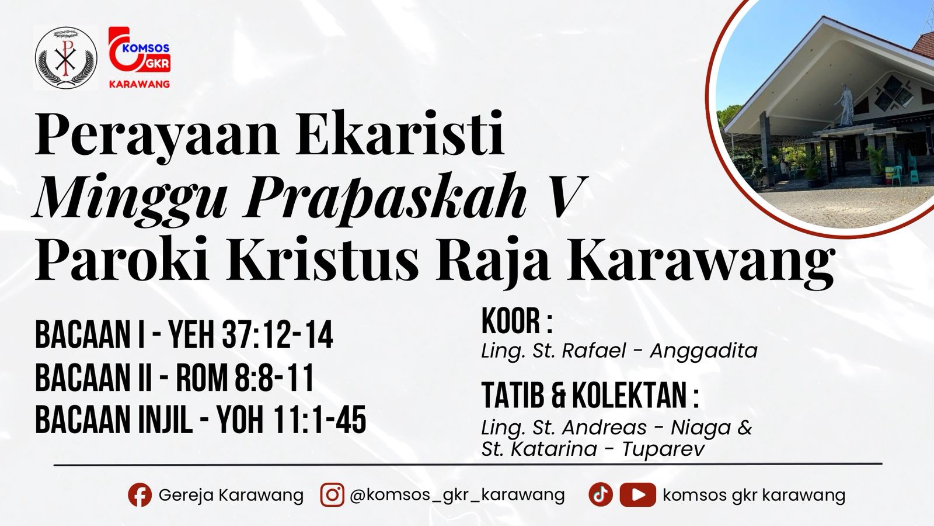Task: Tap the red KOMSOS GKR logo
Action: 139,57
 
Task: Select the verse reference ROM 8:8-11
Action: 245,378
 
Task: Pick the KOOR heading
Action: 517,322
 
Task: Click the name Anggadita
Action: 703,351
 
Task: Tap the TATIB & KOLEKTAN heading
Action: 590,396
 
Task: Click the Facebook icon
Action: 140,495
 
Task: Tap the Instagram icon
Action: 332,495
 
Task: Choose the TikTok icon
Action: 600,495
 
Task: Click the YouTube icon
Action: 637,495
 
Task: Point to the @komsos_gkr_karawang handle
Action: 457,495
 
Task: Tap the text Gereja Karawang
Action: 231,495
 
